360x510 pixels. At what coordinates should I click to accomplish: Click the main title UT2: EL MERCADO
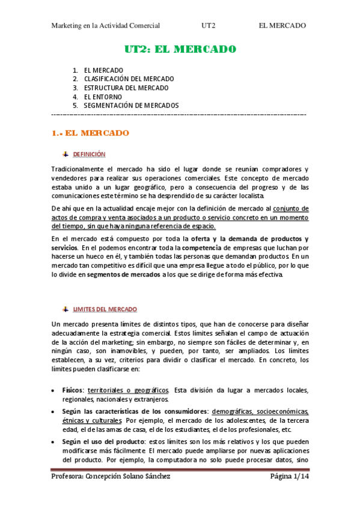coord(180,49)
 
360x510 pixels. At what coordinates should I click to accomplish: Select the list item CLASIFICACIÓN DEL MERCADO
coord(129,79)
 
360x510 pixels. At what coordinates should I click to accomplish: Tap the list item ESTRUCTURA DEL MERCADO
coord(126,88)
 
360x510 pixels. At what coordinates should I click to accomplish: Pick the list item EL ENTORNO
coord(103,96)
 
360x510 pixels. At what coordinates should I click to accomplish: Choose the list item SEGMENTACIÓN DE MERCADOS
coord(131,105)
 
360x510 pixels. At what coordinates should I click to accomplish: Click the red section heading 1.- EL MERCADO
coord(90,132)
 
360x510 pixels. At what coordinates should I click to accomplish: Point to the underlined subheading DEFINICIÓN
coord(89,155)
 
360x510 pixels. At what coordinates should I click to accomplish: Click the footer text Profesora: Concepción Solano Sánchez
coord(111,477)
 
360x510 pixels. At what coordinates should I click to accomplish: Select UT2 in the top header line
coord(209,25)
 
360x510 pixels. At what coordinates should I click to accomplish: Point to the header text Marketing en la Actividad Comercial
coord(106,25)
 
